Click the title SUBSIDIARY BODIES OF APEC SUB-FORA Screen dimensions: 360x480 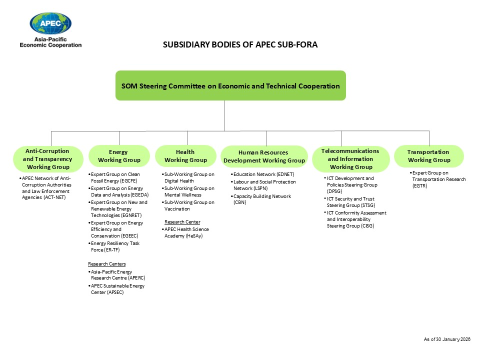tap(240, 44)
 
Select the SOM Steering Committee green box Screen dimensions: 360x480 tap(230, 86)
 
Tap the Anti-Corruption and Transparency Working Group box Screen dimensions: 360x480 tap(48, 159)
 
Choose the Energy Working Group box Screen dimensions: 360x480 tap(119, 156)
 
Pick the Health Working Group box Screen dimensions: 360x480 tap(185, 156)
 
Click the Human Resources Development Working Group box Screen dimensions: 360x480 tap(264, 156)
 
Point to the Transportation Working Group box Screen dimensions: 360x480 tap(428, 156)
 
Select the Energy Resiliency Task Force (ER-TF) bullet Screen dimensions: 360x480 tap(115, 246)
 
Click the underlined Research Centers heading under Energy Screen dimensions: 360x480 tap(107, 263)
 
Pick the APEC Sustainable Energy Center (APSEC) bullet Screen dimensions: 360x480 tap(117, 289)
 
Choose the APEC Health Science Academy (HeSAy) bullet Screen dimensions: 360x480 tap(186, 232)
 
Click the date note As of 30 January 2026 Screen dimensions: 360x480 tap(447, 339)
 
